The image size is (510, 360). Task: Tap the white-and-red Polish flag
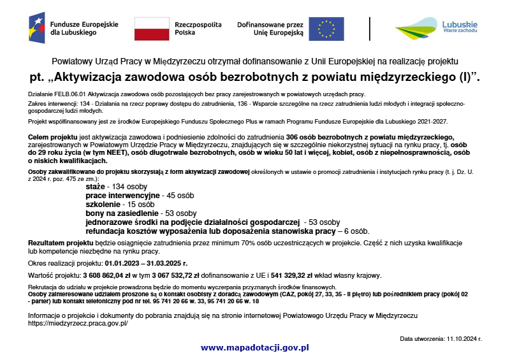(x=151, y=29)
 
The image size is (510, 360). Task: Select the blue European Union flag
(x=326, y=29)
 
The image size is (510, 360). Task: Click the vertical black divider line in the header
(x=370, y=29)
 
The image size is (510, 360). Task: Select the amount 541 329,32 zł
(x=293, y=276)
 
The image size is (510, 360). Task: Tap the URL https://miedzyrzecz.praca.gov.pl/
(x=78, y=324)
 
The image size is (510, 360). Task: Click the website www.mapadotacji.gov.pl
(x=254, y=347)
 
